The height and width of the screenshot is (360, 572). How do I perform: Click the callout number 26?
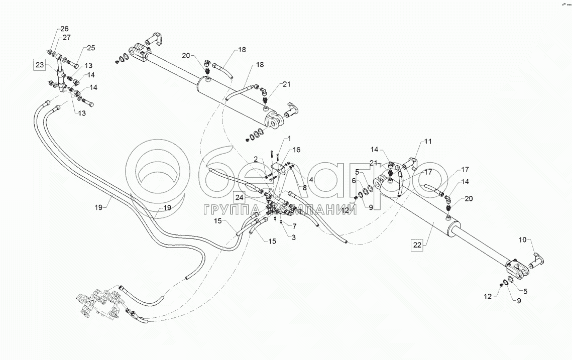click(65, 28)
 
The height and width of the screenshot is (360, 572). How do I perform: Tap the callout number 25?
click(90, 48)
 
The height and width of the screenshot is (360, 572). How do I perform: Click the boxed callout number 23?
click(39, 64)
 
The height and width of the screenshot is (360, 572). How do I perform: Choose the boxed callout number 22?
click(417, 245)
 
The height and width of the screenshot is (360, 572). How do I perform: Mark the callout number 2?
click(255, 159)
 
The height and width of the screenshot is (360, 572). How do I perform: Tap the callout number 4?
click(311, 179)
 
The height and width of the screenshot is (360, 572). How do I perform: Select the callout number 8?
click(304, 188)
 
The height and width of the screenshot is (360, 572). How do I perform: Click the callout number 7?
click(295, 226)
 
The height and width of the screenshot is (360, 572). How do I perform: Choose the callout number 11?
click(427, 142)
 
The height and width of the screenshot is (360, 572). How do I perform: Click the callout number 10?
click(523, 240)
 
